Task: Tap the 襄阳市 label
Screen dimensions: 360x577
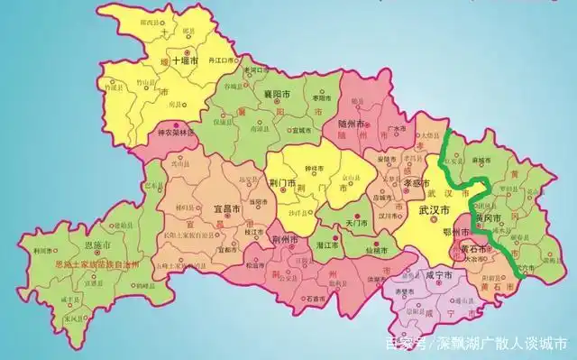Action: (274, 94)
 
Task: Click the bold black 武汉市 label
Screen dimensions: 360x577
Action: (435, 210)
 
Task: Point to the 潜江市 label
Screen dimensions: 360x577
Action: (326, 245)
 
